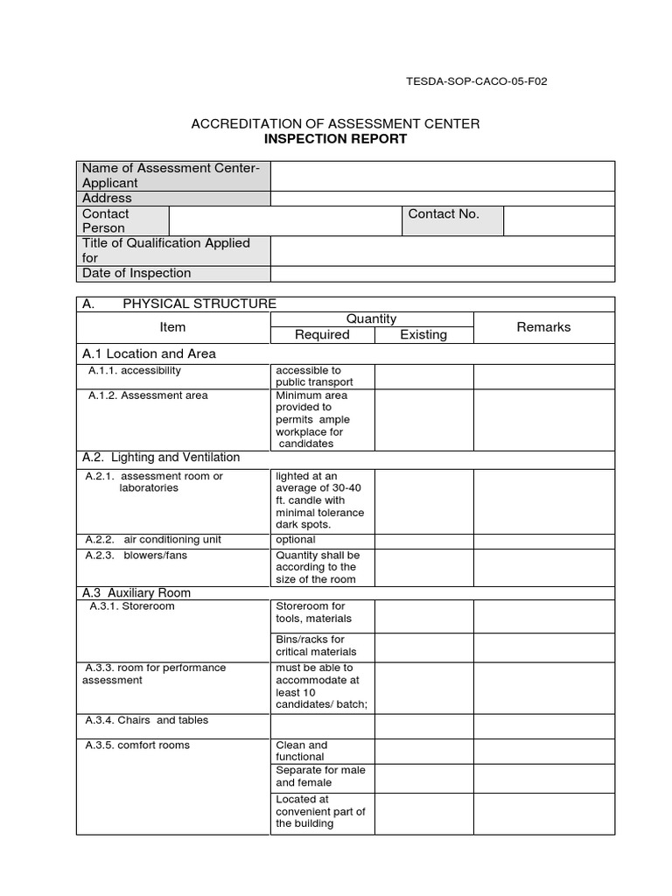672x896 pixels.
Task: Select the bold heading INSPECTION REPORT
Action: [335, 139]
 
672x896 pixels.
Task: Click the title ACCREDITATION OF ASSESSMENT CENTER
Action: [335, 124]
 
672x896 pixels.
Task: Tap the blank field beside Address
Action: [442, 199]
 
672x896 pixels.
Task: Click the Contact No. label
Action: [444, 214]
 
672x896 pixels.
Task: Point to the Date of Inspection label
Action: [136, 273]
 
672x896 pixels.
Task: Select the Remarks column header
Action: [543, 327]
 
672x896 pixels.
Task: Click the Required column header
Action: [322, 335]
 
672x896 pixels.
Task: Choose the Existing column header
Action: [423, 335]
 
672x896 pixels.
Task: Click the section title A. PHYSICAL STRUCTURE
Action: [179, 304]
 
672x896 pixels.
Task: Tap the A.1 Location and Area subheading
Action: [149, 353]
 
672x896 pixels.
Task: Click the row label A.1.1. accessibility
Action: [135, 371]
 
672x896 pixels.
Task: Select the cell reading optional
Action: [296, 540]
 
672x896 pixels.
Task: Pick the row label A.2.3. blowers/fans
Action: [136, 556]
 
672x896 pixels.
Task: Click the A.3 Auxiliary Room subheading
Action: [136, 592]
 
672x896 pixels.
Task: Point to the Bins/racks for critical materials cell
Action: [311, 646]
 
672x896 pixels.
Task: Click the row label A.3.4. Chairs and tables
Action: [147, 721]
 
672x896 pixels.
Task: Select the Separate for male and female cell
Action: [320, 776]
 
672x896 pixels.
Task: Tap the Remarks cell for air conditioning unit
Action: [543, 541]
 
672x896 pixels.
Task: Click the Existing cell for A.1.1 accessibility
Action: [423, 376]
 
